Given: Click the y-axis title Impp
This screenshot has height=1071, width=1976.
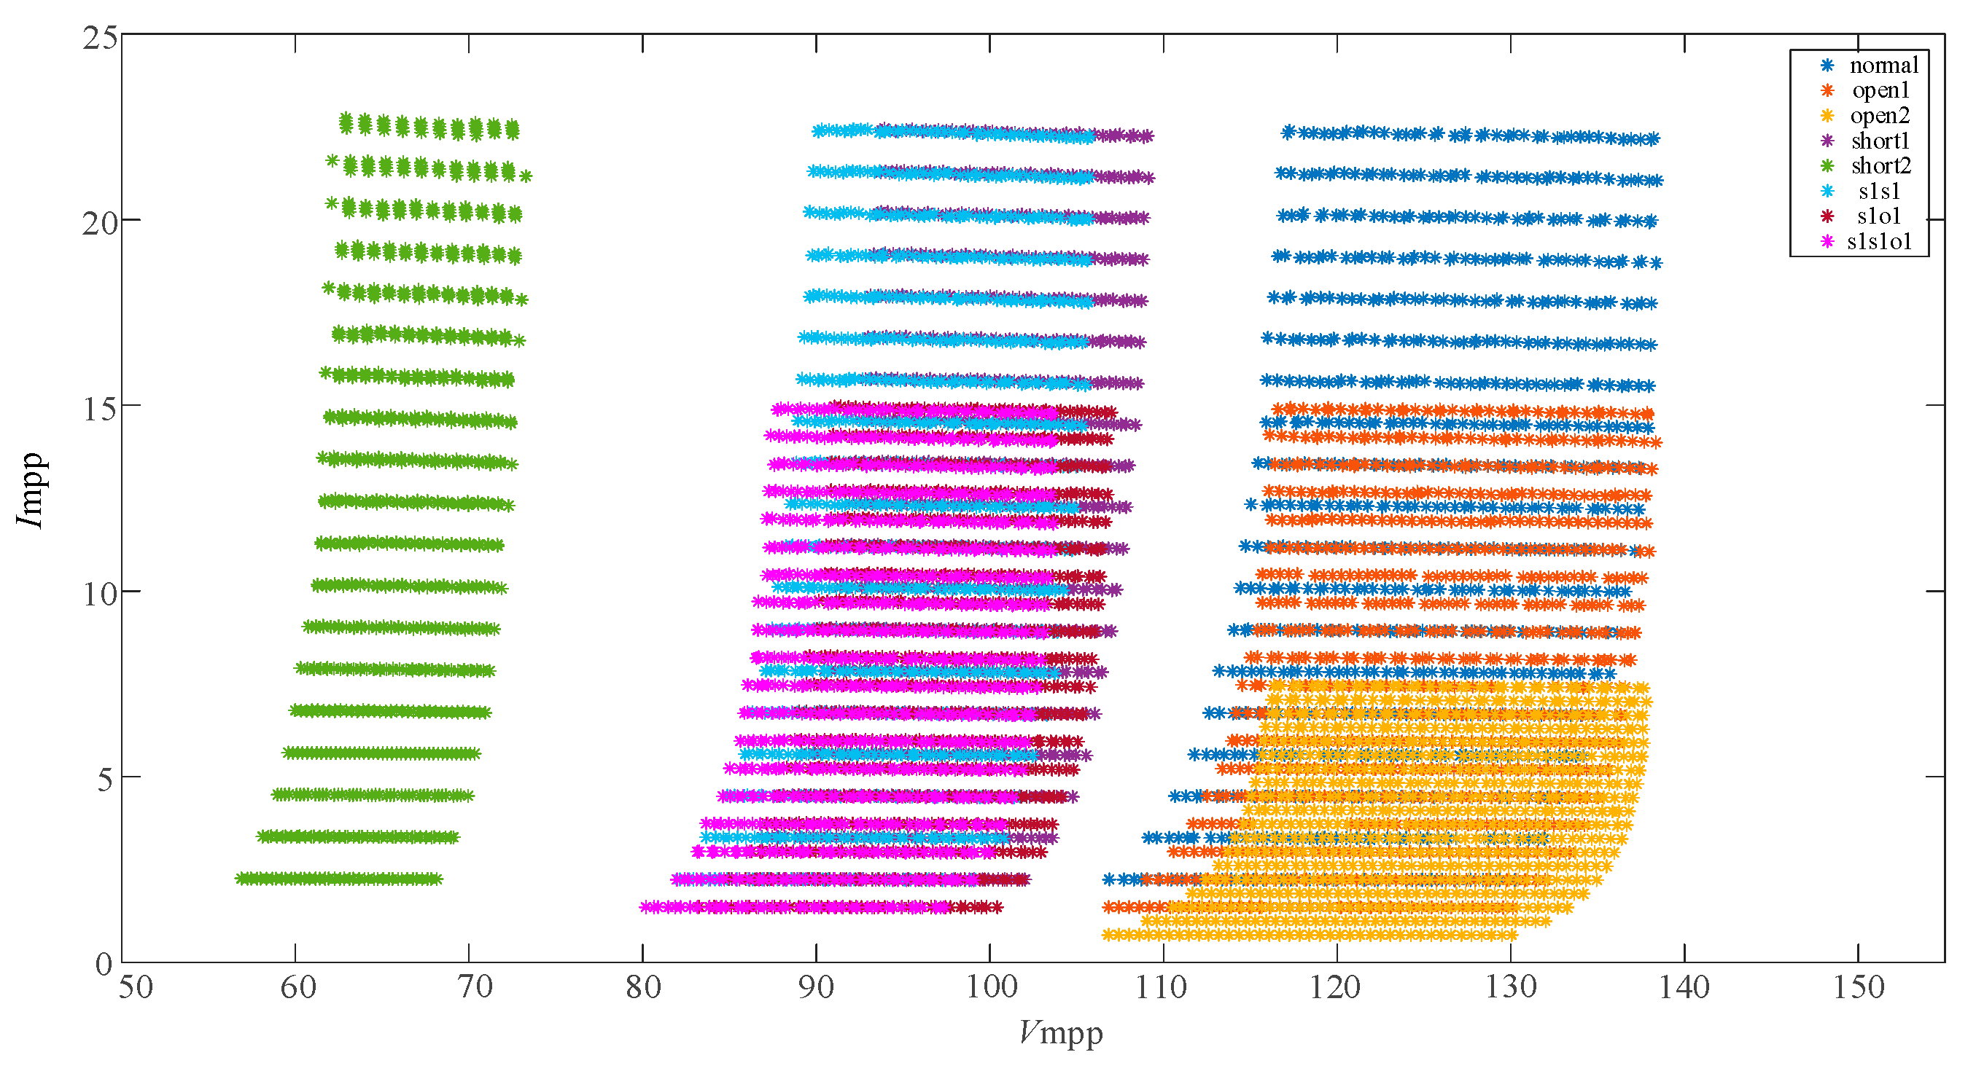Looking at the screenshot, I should (31, 490).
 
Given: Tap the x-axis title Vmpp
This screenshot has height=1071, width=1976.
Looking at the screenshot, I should (1061, 1033).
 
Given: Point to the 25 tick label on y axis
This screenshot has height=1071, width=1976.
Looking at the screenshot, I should (100, 39).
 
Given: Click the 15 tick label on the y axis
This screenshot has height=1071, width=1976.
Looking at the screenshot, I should (100, 409).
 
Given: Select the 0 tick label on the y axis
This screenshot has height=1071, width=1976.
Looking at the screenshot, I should (104, 965).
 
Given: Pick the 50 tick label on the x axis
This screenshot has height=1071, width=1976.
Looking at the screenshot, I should (136, 987).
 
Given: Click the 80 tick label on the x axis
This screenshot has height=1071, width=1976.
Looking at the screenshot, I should (643, 987).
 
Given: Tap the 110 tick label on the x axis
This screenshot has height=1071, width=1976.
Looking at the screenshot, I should (1162, 987).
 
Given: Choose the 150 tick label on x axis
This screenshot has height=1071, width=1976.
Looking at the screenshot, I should (1858, 987).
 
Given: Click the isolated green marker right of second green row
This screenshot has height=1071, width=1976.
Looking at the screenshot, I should (526, 176).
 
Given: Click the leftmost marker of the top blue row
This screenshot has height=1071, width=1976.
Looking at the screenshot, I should (1288, 131).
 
